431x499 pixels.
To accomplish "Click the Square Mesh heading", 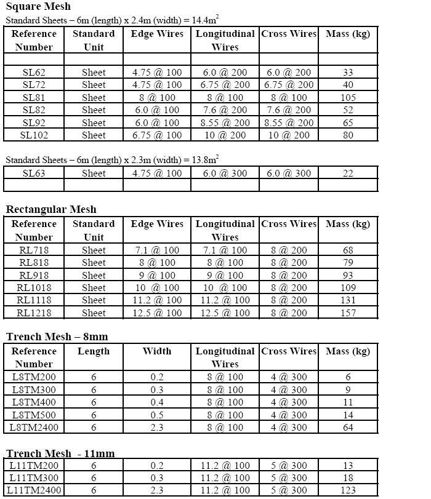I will pos(38,7).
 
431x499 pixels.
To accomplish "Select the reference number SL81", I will pos(34,97).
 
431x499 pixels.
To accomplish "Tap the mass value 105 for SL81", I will pos(348,97).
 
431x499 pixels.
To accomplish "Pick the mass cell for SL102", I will pos(348,135).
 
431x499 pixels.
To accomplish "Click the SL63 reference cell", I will pos(34,173).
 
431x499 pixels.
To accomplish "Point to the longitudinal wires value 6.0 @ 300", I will pos(225,173).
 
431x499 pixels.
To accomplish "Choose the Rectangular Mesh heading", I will pos(51,209).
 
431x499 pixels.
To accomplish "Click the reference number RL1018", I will pos(34,287).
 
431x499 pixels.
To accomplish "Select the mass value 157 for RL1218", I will pos(348,313).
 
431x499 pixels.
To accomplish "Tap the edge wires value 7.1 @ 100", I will pos(157,250).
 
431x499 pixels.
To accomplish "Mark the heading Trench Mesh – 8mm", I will pos(56,337).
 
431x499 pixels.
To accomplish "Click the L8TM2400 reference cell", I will pos(34,427).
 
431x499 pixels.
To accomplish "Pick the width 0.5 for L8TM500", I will pos(157,415).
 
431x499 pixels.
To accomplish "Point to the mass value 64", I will pos(348,427).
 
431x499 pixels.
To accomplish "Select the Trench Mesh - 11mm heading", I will pos(60,453).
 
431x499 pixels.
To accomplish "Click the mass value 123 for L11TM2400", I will pos(348,490).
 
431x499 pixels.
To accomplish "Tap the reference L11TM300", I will pos(34,478).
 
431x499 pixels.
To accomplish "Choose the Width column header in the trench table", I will pos(157,351).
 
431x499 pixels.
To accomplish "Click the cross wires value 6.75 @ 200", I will pos(289,85).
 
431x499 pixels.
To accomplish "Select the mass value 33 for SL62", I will pos(348,72).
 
